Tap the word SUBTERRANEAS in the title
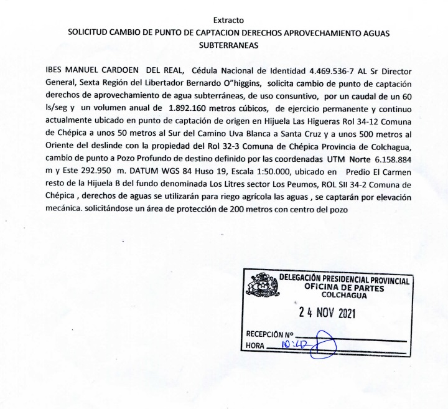coord(228,45)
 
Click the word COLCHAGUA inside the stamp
coord(340,296)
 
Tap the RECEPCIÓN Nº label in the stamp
coord(269,334)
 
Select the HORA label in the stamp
coord(255,346)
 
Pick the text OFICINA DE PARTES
coord(344,288)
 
